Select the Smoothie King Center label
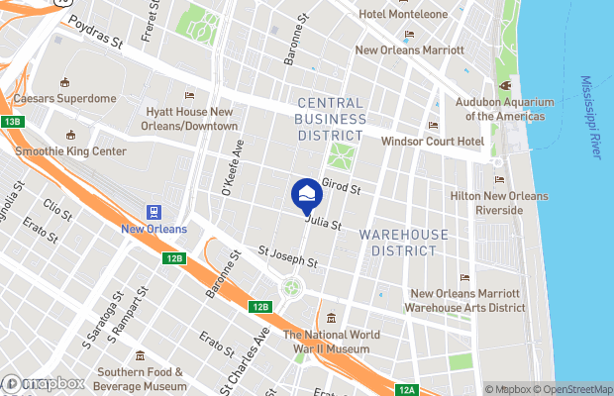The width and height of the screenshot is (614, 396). pos(70,151)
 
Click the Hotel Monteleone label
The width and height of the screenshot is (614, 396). pos(404,15)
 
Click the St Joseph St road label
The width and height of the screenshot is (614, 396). pos(286,257)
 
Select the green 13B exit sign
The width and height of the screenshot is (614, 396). pos(11,121)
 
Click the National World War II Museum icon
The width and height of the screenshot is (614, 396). pos(331,318)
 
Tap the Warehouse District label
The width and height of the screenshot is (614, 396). pos(397,243)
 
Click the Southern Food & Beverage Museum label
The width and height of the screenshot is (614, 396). pos(142,379)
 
